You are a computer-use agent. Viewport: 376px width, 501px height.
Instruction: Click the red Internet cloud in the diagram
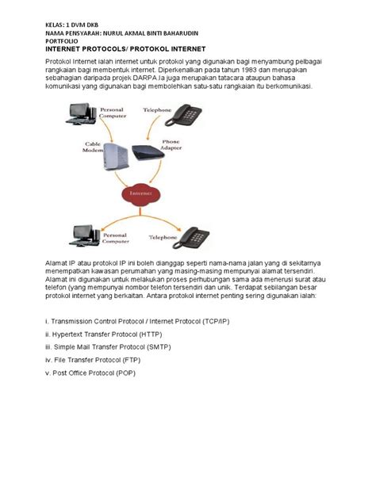point(136,192)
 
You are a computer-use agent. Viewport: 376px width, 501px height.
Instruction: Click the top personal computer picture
point(82,116)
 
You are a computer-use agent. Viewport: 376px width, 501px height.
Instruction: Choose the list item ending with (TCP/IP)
point(127,323)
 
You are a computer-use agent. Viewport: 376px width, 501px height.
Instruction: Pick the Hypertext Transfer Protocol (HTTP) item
point(103,335)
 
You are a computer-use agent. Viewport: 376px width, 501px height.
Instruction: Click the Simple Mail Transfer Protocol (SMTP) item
point(109,347)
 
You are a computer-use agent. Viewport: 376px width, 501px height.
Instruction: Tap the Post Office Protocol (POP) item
point(92,373)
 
